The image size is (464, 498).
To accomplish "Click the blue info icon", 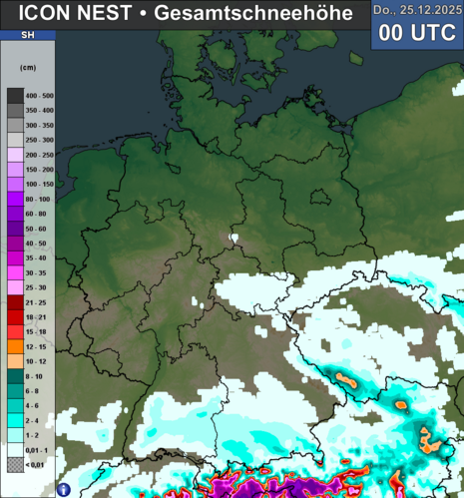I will [x=63, y=490].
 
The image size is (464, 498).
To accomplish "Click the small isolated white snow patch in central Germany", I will [x=234, y=238].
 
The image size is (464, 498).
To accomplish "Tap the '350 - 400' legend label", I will [x=39, y=110].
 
